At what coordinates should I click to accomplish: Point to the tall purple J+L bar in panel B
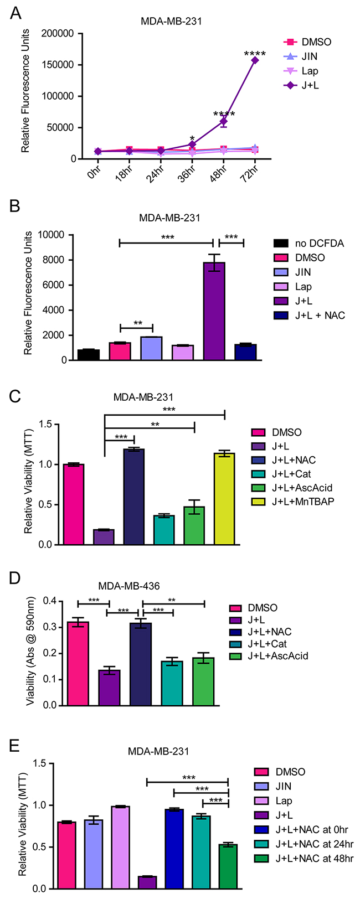pos(214,311)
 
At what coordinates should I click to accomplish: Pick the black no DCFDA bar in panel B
pos(89,355)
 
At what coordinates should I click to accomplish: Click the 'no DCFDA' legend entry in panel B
pos(303,244)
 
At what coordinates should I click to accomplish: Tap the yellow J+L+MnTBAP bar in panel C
pos(225,499)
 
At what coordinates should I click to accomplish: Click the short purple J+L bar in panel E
pos(147,883)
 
